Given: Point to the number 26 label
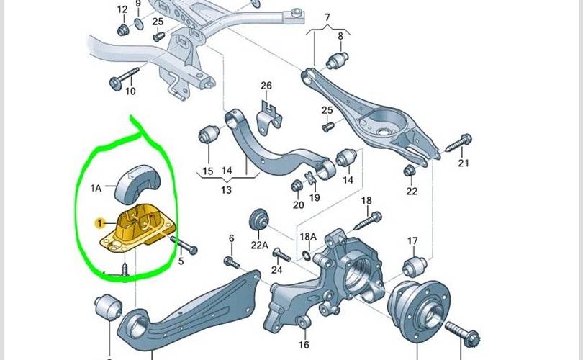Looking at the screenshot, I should (x=266, y=86).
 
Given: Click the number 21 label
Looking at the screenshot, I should (x=463, y=163).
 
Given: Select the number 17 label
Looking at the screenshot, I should (x=412, y=240).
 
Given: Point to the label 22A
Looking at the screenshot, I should (x=260, y=245).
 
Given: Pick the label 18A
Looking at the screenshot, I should (x=308, y=236).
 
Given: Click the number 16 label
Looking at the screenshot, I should (x=304, y=345).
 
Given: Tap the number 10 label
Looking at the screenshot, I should (x=130, y=91).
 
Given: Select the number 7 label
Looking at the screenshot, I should (x=327, y=17).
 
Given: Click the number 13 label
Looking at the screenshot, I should (x=226, y=190).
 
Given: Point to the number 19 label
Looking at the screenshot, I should (x=315, y=197).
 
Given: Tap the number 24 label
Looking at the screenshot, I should (x=277, y=271).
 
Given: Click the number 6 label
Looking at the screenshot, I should (x=231, y=238).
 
